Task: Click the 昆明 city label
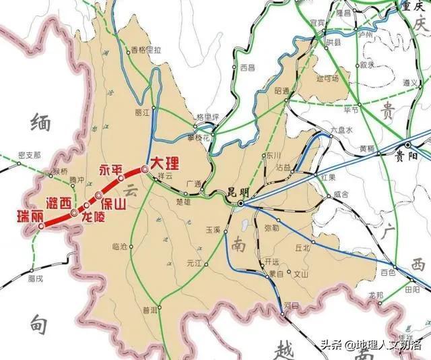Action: pyautogui.click(x=239, y=192)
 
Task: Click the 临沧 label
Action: pyautogui.click(x=121, y=247)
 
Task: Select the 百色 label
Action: pyautogui.click(x=388, y=272)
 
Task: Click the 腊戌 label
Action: pyautogui.click(x=36, y=277)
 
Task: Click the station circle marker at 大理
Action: pyautogui.click(x=144, y=169)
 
